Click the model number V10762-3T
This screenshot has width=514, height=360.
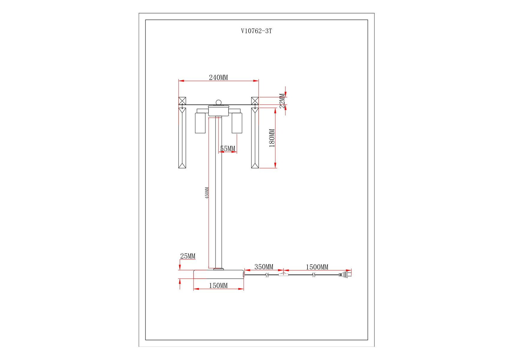click(257, 31)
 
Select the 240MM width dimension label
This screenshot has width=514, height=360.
click(218, 77)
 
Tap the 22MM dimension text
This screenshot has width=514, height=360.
click(282, 101)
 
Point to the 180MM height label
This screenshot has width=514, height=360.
click(272, 138)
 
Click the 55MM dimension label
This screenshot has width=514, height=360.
click(228, 148)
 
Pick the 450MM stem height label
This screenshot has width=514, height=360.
click(207, 193)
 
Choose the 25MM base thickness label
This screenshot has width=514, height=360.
click(188, 256)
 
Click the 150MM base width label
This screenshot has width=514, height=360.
click(218, 286)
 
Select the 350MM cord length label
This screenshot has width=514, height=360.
click(264, 267)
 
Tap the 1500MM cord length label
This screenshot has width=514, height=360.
click(317, 267)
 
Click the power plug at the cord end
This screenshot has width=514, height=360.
click(345, 274)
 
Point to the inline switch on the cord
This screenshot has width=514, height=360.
click(284, 274)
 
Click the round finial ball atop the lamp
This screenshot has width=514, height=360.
click(219, 103)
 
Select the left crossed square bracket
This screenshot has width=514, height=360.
click(182, 101)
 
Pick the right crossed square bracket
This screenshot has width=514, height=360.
click(255, 101)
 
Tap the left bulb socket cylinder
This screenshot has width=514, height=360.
click(200, 123)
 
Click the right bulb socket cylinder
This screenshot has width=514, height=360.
click(237, 123)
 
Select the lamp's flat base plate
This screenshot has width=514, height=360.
click(218, 274)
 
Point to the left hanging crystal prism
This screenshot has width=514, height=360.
click(182, 138)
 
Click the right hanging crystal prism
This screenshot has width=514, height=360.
click(255, 138)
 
